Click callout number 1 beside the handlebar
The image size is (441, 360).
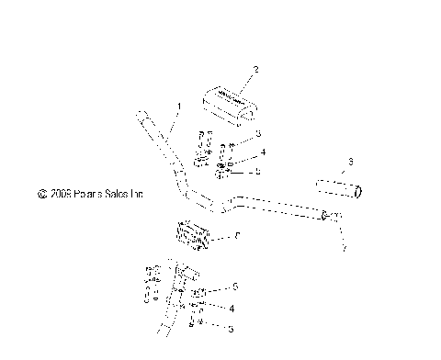(178, 107)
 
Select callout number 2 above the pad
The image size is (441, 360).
(255, 69)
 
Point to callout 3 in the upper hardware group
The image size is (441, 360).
(258, 134)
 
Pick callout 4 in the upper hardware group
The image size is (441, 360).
(263, 152)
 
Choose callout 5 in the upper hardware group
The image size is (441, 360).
(258, 171)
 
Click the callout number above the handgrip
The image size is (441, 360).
(350, 163)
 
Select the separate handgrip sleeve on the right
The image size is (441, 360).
(339, 190)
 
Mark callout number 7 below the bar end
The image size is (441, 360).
(344, 248)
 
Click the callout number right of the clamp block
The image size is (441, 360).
(238, 236)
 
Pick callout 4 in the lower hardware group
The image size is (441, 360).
(232, 309)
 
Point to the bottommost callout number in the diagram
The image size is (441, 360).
(231, 328)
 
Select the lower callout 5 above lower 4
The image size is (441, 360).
(235, 287)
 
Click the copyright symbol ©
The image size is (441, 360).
(41, 195)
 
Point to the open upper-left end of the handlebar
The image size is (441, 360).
(143, 117)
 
